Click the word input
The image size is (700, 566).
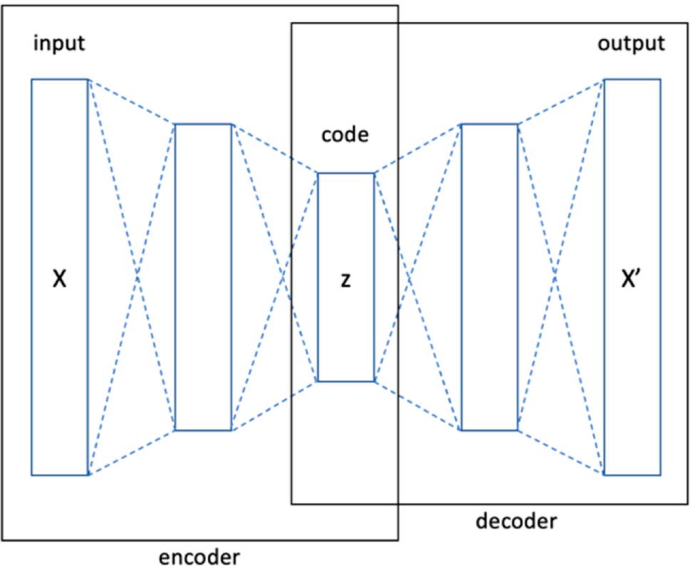click(58, 43)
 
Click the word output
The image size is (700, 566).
click(630, 43)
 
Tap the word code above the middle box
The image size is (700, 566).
click(345, 134)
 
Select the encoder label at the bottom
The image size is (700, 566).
click(199, 556)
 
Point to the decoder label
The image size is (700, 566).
click(515, 521)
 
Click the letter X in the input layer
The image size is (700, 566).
click(60, 279)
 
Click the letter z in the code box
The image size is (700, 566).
click(346, 280)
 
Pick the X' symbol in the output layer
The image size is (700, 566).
click(632, 279)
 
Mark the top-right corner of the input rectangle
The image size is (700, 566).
click(88, 79)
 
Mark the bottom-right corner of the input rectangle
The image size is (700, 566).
click(88, 475)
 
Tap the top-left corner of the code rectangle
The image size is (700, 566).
click(318, 173)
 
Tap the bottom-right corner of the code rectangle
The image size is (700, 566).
click(374, 381)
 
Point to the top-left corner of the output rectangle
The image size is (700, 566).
click(604, 79)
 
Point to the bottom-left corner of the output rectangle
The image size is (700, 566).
click(604, 475)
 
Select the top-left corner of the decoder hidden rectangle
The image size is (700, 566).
click(461, 124)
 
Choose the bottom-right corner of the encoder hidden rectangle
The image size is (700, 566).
click(232, 430)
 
